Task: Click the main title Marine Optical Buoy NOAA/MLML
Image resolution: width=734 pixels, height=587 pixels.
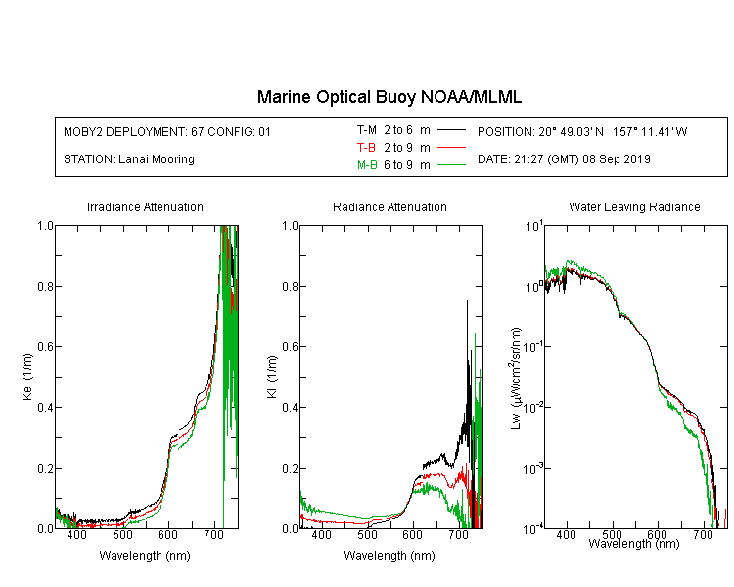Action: (x=389, y=97)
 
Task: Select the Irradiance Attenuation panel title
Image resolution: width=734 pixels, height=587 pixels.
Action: (x=145, y=206)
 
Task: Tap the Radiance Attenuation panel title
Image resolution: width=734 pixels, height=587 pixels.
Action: (x=390, y=206)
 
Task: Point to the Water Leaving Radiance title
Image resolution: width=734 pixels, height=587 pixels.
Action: (x=634, y=206)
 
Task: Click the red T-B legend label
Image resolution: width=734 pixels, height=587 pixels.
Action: (x=366, y=148)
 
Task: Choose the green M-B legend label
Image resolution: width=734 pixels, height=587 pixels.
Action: (x=367, y=165)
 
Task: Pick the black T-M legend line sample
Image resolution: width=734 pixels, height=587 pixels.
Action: (x=451, y=130)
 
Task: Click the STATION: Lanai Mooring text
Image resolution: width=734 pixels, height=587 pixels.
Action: (x=129, y=159)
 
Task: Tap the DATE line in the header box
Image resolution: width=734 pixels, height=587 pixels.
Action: (x=564, y=159)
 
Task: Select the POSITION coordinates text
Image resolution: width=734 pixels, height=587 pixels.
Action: (x=582, y=131)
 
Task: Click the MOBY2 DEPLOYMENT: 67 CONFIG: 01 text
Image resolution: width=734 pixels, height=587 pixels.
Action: (x=167, y=131)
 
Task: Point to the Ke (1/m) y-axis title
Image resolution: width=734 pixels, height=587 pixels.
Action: (x=27, y=377)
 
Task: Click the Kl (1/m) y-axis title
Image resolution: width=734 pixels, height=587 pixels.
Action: (x=272, y=377)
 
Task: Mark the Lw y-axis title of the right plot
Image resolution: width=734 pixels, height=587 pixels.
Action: (x=516, y=378)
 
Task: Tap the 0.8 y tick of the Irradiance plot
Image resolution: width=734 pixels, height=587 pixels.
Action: (x=45, y=286)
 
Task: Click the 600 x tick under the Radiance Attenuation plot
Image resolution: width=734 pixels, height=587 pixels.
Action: (x=412, y=534)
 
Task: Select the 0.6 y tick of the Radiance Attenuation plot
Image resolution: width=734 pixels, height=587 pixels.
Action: (x=290, y=347)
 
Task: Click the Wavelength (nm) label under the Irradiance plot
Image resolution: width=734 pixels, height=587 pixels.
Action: (x=145, y=556)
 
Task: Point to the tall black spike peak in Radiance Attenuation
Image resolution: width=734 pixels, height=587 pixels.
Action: (x=467, y=301)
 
